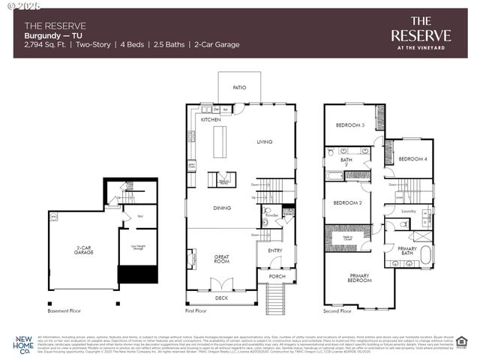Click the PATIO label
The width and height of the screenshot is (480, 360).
coord(239,88)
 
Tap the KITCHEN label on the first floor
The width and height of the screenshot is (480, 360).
coord(210,120)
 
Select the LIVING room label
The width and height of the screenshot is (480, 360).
coord(265,142)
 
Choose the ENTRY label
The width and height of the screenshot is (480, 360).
coord(274,250)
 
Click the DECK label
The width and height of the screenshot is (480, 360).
coord(220,298)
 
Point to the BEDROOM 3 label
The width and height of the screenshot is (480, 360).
coord(349,125)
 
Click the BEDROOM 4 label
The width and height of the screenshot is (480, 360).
coord(412,159)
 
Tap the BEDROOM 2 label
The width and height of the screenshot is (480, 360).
coord(348,202)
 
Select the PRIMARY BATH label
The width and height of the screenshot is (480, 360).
coord(407,251)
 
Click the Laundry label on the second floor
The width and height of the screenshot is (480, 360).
coord(408,211)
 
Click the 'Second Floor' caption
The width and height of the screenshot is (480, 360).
coord(337,310)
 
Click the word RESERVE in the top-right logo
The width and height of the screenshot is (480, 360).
coord(421,35)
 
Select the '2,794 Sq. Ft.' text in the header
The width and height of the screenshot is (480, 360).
coord(46,45)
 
